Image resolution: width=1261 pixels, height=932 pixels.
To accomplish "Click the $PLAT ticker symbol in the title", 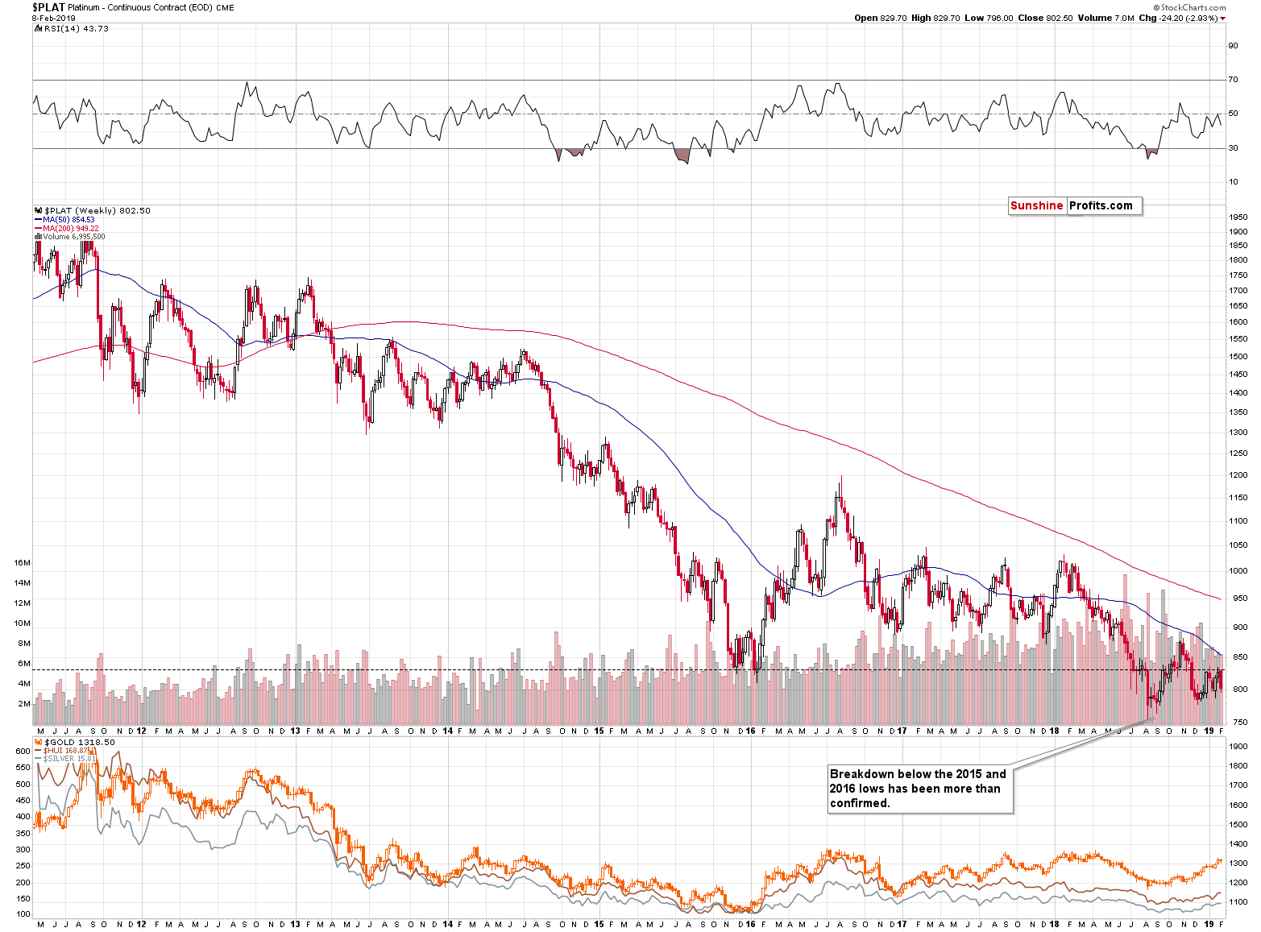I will click(x=48, y=7).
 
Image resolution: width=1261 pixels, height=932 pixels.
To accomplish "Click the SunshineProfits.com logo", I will click(x=1074, y=205).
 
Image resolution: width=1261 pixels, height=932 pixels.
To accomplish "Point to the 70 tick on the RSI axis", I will click(x=1233, y=80).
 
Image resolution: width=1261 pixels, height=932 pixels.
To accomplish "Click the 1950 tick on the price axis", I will click(x=1238, y=217).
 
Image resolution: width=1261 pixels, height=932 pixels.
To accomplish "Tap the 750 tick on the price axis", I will click(x=1235, y=723).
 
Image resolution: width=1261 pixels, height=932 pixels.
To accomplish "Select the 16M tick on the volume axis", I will click(x=22, y=563).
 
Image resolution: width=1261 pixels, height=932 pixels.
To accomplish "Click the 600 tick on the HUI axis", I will click(x=23, y=751).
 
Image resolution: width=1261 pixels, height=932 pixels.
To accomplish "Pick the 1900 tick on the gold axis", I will click(x=1238, y=747).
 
